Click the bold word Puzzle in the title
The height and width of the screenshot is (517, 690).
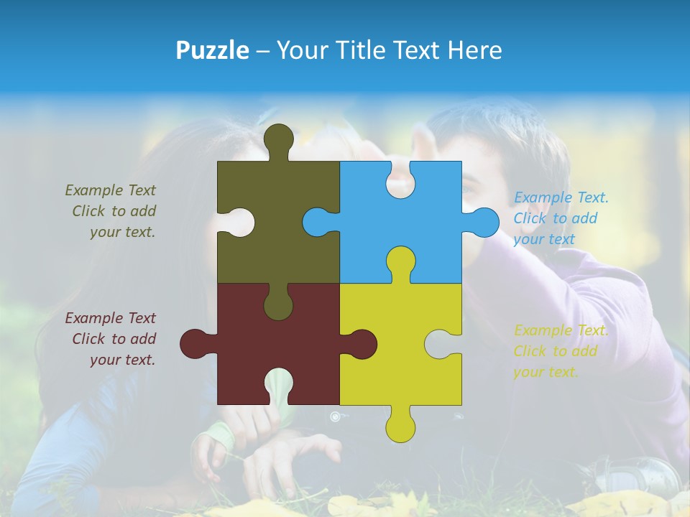point(213,50)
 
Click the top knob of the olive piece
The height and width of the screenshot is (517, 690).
point(279,138)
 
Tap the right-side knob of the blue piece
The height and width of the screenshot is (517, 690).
point(484,222)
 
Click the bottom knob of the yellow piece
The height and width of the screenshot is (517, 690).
point(400,426)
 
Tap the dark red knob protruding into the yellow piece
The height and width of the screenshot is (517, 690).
point(362,344)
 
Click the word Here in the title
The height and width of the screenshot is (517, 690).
point(475,50)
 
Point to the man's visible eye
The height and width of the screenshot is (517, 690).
point(468,190)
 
